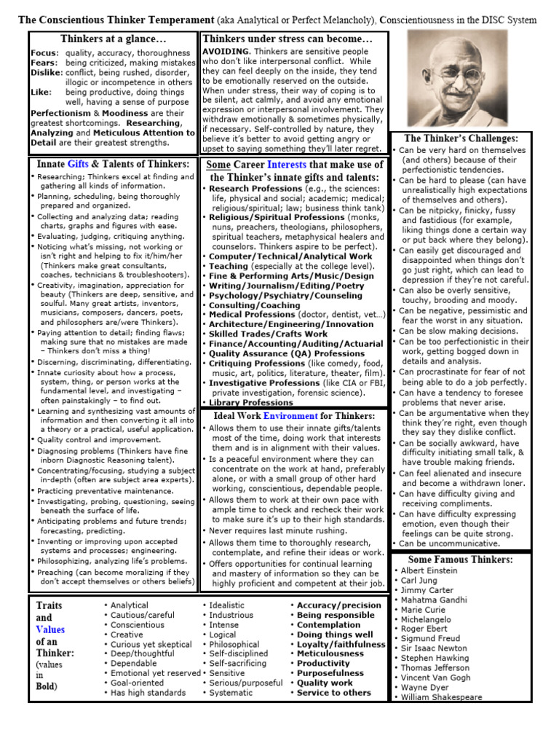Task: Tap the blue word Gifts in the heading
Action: click(x=82, y=164)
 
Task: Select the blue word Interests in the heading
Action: click(x=292, y=165)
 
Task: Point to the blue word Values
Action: click(x=50, y=629)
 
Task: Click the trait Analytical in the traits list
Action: click(x=129, y=605)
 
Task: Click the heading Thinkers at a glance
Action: click(x=114, y=38)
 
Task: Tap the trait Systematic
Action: click(x=231, y=693)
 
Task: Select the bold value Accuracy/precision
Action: click(x=339, y=605)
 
